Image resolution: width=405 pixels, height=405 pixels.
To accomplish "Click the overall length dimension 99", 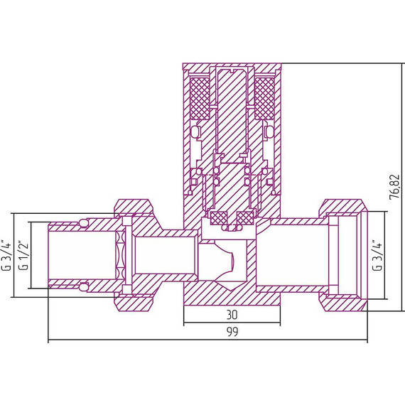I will click(232, 332).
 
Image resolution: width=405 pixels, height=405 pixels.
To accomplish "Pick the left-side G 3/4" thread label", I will click(8, 256).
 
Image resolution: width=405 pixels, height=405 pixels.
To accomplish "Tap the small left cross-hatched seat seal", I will click(215, 217).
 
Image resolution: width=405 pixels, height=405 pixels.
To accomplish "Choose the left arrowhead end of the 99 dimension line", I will click(50, 342).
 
